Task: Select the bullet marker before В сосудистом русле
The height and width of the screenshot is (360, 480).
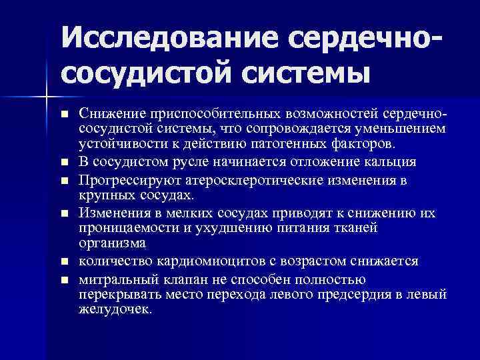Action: coord(64,162)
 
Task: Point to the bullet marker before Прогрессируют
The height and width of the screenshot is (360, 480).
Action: coord(64,181)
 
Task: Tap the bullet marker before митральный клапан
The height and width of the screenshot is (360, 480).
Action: coord(64,278)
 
